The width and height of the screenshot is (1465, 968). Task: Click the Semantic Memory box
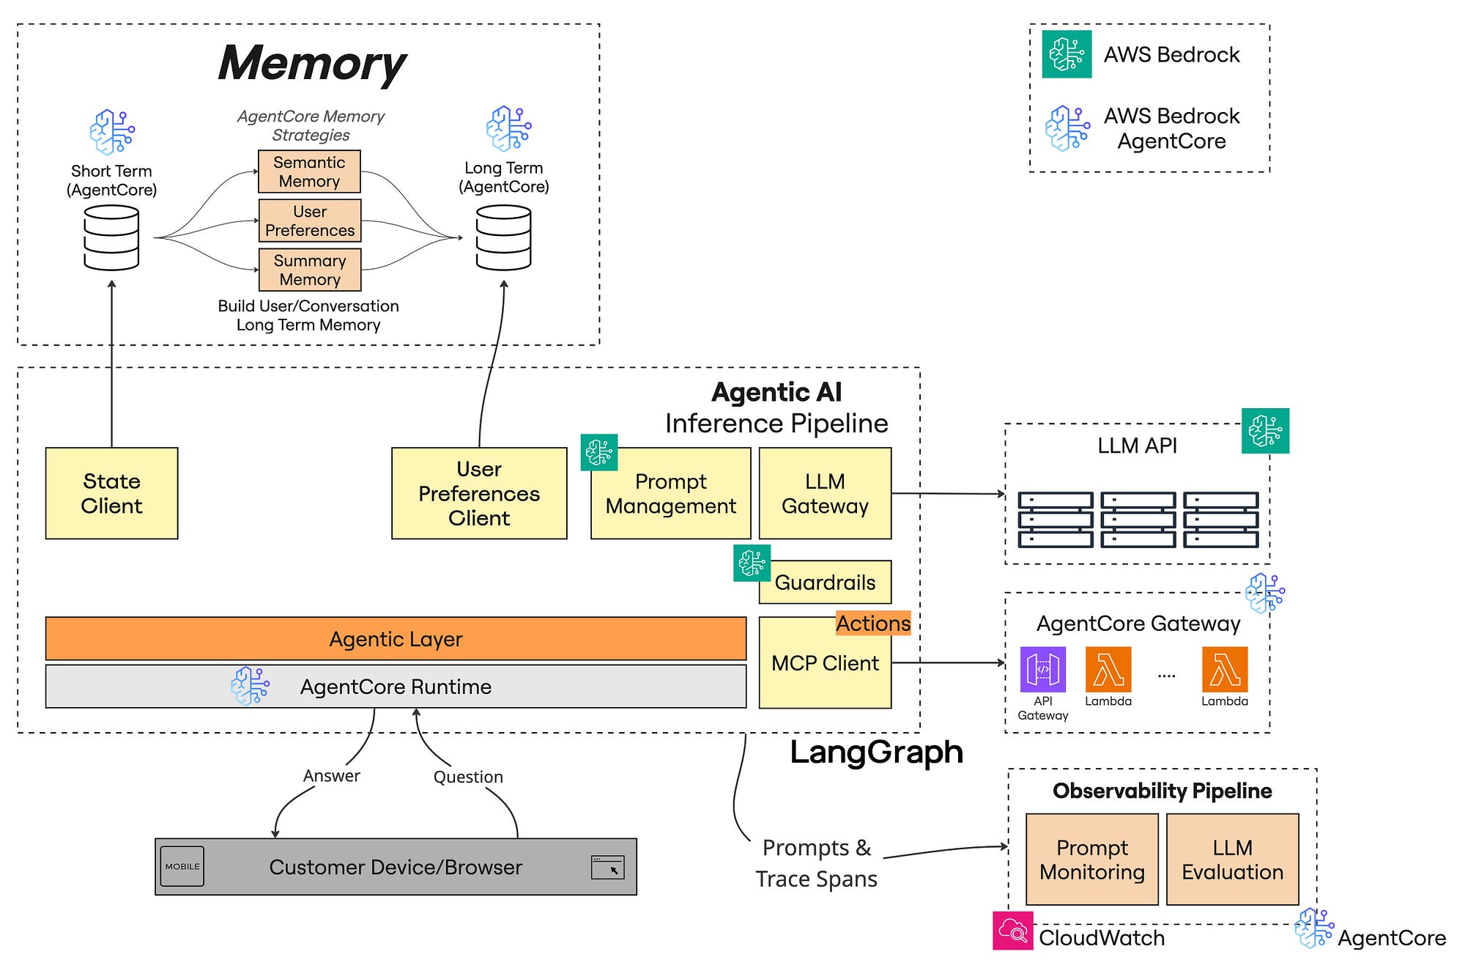tap(309, 171)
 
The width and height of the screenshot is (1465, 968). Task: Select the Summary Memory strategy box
tap(310, 270)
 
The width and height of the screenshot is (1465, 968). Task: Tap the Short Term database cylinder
tap(111, 237)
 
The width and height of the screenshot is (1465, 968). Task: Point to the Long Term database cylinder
tap(503, 237)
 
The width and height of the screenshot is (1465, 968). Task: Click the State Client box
tap(111, 493)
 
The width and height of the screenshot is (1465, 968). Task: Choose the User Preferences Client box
tap(479, 493)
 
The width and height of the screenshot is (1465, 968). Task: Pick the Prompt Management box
tap(670, 494)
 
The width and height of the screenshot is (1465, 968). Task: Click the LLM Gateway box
tap(825, 493)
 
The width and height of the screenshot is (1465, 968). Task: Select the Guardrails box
tap(825, 583)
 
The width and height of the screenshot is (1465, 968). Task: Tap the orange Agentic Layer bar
tap(396, 639)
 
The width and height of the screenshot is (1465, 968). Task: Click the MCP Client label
tap(825, 663)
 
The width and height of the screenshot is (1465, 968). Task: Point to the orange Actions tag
tap(873, 624)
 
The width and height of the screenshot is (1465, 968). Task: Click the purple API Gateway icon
tap(1042, 669)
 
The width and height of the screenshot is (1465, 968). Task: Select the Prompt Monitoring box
tap(1091, 860)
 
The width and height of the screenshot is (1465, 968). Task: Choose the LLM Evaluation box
tap(1232, 860)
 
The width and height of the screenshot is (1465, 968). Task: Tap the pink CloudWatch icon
tap(1013, 931)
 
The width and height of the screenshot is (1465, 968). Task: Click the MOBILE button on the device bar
tap(182, 866)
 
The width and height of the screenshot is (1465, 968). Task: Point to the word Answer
tap(332, 775)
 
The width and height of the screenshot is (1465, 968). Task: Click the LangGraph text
tap(876, 753)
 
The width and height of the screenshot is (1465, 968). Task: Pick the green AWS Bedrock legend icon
tap(1067, 54)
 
